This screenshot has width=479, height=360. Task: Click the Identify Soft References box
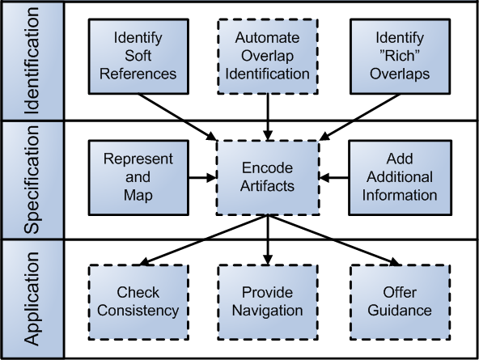point(138,57)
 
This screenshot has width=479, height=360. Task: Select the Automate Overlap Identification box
point(268,57)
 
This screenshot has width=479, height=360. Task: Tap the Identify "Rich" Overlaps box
point(400,57)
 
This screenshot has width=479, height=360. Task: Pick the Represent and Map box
point(138,177)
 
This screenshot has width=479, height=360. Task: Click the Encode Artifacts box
point(268,177)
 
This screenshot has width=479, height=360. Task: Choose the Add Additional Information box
point(400,177)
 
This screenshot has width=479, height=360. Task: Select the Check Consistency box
point(138,302)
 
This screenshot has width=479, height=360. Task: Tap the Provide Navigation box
point(268,302)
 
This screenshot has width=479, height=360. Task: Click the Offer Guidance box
point(400,302)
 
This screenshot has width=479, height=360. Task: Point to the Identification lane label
point(32,61)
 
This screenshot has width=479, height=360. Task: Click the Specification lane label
point(32,180)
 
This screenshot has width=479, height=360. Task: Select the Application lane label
point(32,299)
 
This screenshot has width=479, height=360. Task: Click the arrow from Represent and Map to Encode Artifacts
point(202,177)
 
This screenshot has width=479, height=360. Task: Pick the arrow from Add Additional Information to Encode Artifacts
point(334,177)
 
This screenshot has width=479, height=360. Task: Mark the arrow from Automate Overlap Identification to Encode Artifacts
point(268,117)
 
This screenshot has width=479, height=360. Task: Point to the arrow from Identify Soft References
point(177,117)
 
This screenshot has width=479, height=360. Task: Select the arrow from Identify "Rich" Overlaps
point(359,117)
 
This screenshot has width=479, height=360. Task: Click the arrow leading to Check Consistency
point(204,239)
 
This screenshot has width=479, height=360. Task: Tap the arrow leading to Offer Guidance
point(334,240)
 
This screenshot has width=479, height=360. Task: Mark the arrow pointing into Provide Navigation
point(268,240)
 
